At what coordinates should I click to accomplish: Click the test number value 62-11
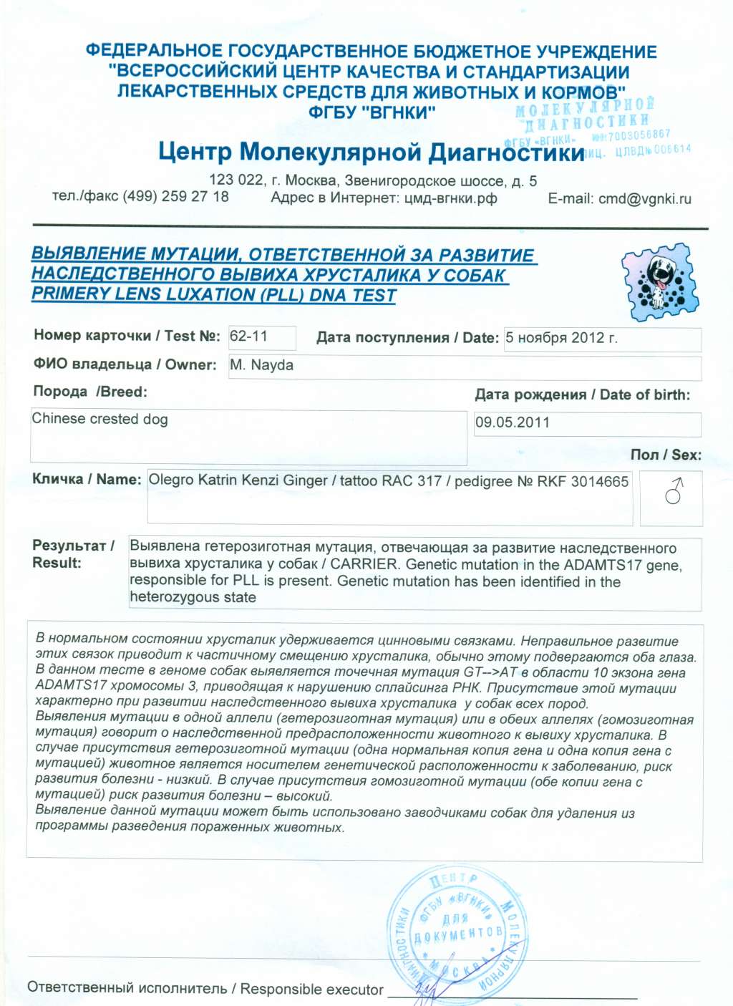point(248,336)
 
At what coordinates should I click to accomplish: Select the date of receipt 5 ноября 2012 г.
point(561,338)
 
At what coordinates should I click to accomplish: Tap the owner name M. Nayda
point(261,365)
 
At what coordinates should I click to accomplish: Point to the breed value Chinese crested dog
point(99,419)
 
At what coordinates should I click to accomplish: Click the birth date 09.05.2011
point(513,422)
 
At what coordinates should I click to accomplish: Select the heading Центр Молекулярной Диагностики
point(371,153)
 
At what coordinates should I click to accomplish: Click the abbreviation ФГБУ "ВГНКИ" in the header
point(372,112)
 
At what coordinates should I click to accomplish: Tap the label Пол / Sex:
point(666,455)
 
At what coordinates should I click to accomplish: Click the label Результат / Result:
point(73,554)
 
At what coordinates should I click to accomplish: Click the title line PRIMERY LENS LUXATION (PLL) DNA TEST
point(213,294)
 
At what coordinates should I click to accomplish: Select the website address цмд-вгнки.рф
point(450,198)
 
